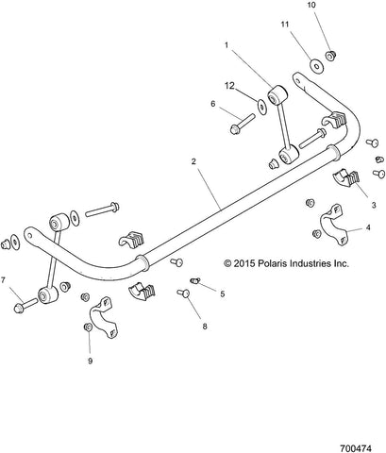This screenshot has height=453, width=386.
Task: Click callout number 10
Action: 311,5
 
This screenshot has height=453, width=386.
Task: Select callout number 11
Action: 285,25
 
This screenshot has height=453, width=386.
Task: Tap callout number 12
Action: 229,85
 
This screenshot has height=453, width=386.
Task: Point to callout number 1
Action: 227,45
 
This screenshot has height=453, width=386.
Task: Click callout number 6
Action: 213,104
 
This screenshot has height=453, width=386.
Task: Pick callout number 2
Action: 193,161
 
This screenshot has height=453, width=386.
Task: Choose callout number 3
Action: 374,205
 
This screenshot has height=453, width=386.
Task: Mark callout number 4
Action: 368,227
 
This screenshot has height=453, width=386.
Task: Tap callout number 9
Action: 90,361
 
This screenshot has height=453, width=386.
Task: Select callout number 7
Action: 3,279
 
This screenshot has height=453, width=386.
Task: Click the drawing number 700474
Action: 356,447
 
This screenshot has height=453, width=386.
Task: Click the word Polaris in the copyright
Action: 273,263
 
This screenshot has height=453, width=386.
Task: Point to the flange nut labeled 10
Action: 330,56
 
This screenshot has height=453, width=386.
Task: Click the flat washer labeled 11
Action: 314,65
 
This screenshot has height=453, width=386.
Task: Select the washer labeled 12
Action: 261,106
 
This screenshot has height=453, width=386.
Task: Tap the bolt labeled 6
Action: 242,124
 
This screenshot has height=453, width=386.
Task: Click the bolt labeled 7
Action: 25,305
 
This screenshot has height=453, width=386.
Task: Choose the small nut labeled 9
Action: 88,327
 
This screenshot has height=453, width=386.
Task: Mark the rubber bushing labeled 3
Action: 346,177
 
